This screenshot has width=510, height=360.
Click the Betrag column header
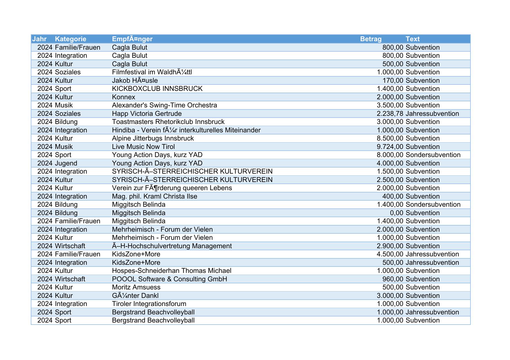coord(371,39)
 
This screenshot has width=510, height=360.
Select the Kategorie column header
coord(71,39)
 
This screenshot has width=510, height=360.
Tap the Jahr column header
coord(40,39)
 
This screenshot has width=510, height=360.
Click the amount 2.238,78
coord(390,114)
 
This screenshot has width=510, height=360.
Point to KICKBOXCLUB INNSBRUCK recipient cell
coord(157,89)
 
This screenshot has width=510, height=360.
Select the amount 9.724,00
coord(390,147)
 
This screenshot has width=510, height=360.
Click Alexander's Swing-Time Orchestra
coord(164,105)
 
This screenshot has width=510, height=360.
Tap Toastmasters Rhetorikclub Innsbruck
coord(168,122)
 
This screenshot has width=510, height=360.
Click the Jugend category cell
coord(66,163)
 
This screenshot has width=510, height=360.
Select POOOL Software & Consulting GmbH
coord(169,279)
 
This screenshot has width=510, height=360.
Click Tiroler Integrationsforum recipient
coord(149,304)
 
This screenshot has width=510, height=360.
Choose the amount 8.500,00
coord(390,138)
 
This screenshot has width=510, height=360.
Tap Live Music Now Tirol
coord(143,147)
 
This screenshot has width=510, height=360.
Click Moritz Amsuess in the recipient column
coord(136,287)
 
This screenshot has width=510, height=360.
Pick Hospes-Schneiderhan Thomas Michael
coord(172,271)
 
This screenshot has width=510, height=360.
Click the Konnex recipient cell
coord(124,97)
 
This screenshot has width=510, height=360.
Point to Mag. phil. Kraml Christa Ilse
coord(155,196)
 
